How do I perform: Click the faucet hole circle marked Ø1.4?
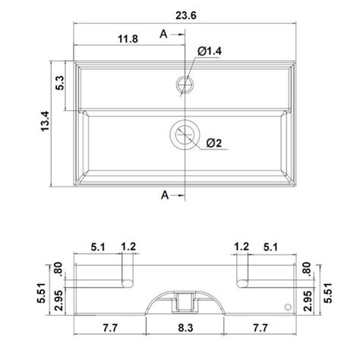184,82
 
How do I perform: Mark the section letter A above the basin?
164,33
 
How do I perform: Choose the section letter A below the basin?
164,195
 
